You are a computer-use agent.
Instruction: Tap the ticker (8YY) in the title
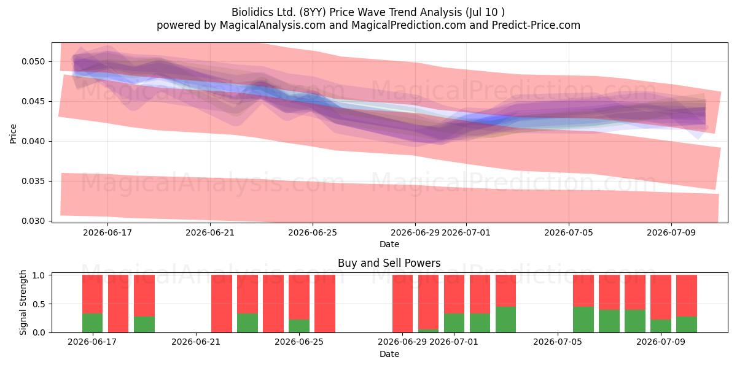coord(313,12)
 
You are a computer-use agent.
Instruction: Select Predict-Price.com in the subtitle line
coord(536,25)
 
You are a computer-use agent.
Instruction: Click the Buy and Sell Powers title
coord(389,263)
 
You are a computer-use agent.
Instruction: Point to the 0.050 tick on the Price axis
coord(33,62)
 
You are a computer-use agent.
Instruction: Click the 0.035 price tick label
coord(33,182)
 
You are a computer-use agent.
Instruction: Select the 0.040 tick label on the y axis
coord(33,142)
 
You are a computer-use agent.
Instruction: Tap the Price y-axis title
coord(13,134)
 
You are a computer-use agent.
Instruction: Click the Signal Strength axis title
coord(23,302)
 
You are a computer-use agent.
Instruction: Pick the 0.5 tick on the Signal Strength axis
coord(39,304)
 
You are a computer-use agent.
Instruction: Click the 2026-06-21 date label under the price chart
coord(210,233)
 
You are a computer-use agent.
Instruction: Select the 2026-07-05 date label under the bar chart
coord(558,342)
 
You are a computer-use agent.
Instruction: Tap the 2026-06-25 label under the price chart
coord(313,233)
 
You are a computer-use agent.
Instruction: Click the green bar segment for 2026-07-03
coord(505,320)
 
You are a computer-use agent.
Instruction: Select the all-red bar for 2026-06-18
coord(118,304)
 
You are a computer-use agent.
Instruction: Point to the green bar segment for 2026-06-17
coord(93,323)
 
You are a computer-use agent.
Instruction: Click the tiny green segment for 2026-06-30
coord(429,331)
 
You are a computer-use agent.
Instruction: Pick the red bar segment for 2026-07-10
coord(687,296)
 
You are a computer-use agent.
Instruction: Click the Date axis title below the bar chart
coord(389,355)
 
